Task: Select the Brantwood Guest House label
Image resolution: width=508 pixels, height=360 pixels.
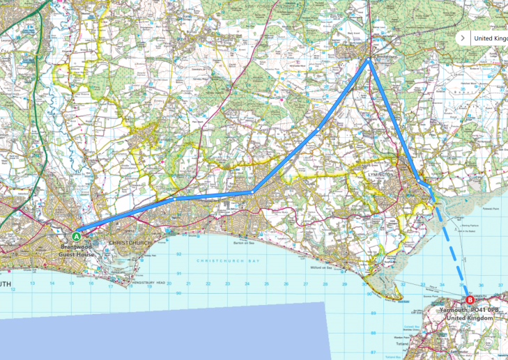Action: pos(77,250)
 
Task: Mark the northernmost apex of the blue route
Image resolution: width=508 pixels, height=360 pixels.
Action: pos(368,60)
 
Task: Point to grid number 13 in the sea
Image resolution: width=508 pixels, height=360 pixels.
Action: pos(33,283)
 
